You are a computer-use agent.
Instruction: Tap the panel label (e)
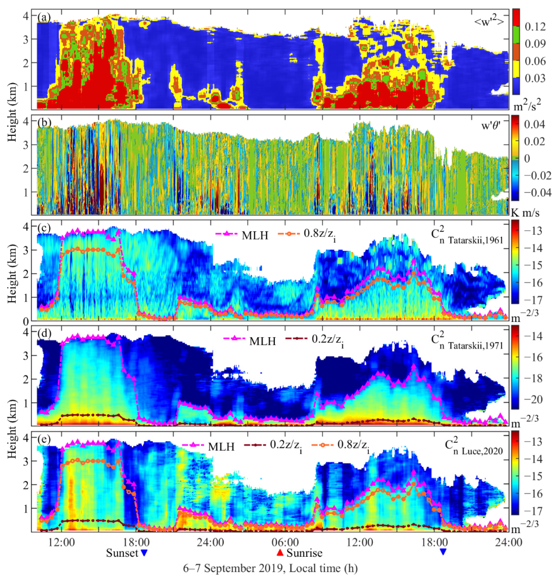[x=44, y=439]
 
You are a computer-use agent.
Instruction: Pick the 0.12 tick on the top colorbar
[x=535, y=27]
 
